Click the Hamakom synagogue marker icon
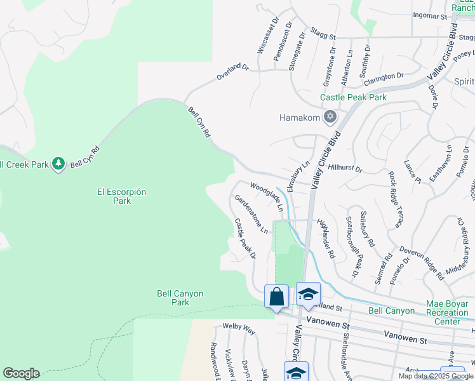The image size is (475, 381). pyautogui.click(x=329, y=117)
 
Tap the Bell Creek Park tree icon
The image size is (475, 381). pyautogui.click(x=58, y=164)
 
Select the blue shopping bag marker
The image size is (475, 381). pyautogui.click(x=277, y=297)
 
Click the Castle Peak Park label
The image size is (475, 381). pyautogui.click(x=353, y=98)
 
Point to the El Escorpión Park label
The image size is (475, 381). pyautogui.click(x=122, y=196)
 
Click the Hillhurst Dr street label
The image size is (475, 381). pyautogui.click(x=345, y=170)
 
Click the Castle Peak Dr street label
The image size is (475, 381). pyautogui.click(x=244, y=238)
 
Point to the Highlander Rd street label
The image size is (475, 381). pyautogui.click(x=326, y=238)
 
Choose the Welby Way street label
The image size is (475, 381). pyautogui.click(x=239, y=330)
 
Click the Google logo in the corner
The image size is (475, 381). pyautogui.click(x=21, y=373)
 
